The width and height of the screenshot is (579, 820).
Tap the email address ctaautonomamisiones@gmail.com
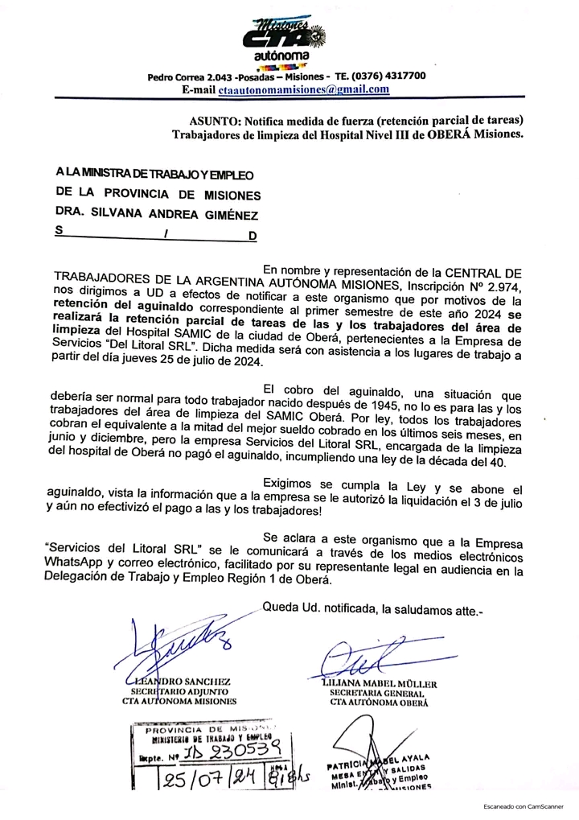(x=304, y=89)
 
